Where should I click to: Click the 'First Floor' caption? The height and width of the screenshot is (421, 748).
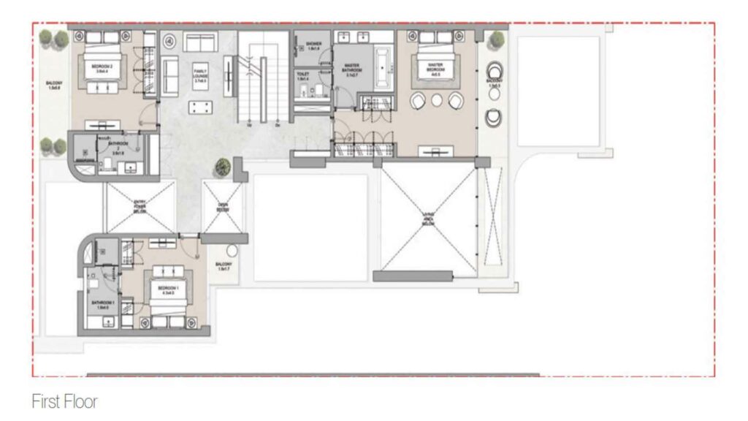(x=64, y=401)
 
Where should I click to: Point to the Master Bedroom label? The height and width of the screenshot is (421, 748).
(x=436, y=68)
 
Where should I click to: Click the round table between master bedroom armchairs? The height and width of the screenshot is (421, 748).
(x=437, y=100)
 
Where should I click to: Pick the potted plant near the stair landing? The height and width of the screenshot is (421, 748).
(x=222, y=167)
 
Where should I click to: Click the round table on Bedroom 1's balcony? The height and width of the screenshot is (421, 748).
(x=232, y=250)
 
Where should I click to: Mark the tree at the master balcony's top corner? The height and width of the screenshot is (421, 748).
(x=497, y=39)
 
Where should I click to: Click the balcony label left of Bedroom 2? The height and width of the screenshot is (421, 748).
(x=53, y=86)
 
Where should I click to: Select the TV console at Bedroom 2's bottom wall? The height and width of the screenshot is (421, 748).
(x=102, y=124)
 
